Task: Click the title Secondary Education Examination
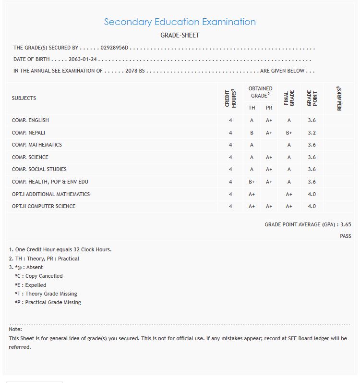(180, 22)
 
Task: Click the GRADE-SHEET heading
(180, 36)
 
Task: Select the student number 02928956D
(115, 48)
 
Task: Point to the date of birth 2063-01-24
(83, 60)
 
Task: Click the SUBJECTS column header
(24, 98)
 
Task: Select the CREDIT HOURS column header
(230, 98)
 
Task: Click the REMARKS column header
(339, 99)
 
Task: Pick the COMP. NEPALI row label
(28, 133)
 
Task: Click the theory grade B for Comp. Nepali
(252, 133)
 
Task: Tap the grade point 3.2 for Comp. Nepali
(312, 133)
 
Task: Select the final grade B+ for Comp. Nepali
(289, 133)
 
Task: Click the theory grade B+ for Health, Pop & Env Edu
(252, 182)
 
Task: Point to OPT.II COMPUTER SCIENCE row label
(44, 206)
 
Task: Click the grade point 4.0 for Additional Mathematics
(312, 194)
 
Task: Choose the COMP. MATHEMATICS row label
(36, 145)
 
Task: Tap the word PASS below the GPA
(346, 236)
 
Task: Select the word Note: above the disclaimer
(15, 329)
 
